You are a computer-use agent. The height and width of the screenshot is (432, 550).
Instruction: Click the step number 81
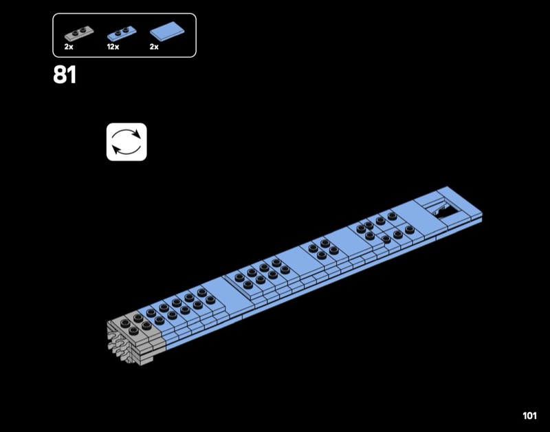click(65, 74)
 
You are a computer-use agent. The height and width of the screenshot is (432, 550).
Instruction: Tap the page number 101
click(529, 416)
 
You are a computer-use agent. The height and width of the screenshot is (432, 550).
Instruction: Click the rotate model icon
click(126, 142)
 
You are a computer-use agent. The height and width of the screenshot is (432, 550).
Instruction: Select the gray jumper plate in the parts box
click(79, 33)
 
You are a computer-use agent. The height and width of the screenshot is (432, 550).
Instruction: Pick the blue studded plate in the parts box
click(122, 33)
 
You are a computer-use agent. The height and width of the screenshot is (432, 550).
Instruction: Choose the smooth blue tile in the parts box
click(167, 30)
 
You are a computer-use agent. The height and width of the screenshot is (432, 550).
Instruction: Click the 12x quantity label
click(113, 47)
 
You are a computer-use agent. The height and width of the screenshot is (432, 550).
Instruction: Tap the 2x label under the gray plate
click(69, 47)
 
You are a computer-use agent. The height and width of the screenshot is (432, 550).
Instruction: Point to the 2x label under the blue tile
click(154, 47)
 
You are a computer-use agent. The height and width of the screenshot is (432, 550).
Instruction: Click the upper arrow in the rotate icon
click(126, 132)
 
